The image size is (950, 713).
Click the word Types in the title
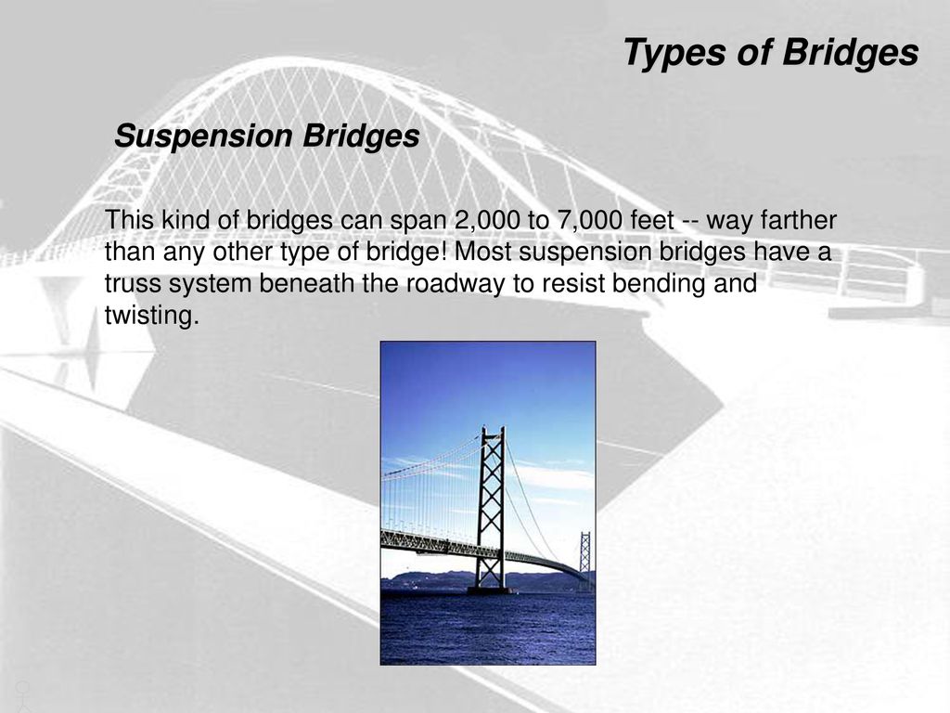tap(674, 53)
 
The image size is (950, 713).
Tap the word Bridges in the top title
tap(850, 53)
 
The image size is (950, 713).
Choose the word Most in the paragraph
tap(482, 252)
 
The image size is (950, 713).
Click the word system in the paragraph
tap(211, 284)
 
